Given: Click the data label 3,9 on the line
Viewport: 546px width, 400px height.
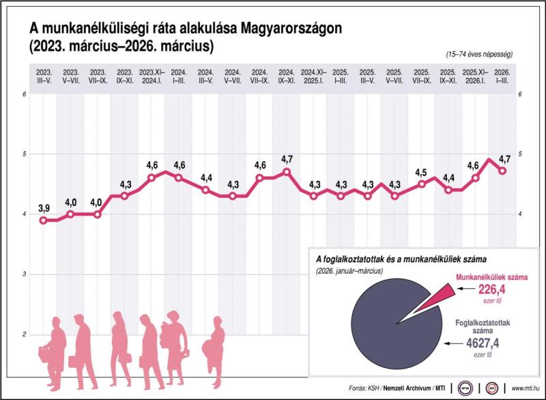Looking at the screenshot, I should tap(44, 207).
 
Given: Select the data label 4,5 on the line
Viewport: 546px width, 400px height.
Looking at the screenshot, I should tap(421, 172).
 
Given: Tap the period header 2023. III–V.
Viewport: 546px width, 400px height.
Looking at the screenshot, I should tap(43, 76).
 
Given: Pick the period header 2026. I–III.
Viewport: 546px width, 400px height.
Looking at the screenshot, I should tap(502, 76).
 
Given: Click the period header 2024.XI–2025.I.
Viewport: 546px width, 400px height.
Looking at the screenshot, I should tap(314, 76).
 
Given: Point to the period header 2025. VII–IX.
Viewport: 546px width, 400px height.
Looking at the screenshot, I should tap(422, 76).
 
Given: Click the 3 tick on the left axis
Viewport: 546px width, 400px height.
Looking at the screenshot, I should tap(24, 274).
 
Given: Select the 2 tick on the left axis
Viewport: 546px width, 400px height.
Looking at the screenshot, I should tap(24, 334).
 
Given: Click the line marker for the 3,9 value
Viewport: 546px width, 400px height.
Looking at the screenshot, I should tap(43, 220).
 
